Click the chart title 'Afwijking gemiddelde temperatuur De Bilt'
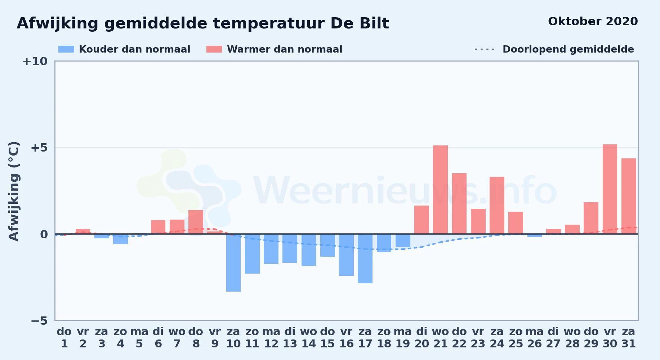(x=203, y=24)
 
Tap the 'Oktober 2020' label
(x=593, y=22)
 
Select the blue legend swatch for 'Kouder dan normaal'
(x=66, y=49)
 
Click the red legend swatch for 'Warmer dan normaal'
(x=214, y=49)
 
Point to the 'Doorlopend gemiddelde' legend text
(x=568, y=49)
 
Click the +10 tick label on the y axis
(x=35, y=61)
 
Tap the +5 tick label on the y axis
(x=39, y=148)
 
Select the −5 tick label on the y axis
(x=39, y=321)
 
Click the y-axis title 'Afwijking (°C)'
(x=14, y=191)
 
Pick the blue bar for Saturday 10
(x=233, y=263)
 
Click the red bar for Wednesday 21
(x=440, y=190)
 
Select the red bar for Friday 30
(x=610, y=189)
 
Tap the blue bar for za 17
(x=365, y=259)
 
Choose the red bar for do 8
(x=196, y=222)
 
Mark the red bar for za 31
(x=629, y=196)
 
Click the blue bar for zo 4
(x=120, y=239)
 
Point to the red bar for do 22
(x=459, y=204)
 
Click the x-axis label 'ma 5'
(x=139, y=338)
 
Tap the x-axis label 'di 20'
(x=422, y=338)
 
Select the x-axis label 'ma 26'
(x=535, y=338)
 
